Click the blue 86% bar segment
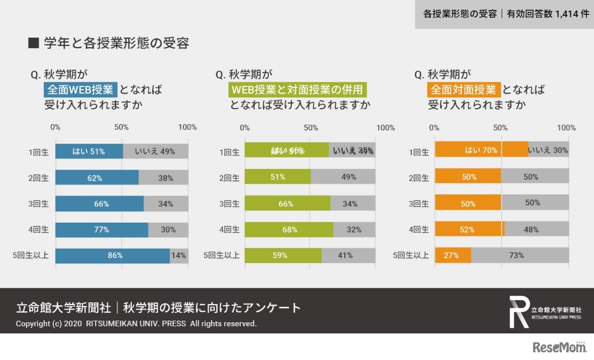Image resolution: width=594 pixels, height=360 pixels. coord(112,255)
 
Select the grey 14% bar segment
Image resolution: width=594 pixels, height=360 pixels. coord(179,255)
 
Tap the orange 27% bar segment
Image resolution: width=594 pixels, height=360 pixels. coord(453,255)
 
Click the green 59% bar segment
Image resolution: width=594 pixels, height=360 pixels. coord(283,255)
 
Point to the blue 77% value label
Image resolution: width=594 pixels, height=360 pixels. coord(101,229)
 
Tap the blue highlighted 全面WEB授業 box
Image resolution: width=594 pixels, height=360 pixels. coord(80,89)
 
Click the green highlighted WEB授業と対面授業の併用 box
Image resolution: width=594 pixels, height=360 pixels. coord(298,89)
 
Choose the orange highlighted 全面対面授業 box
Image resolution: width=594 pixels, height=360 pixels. coord(464,89)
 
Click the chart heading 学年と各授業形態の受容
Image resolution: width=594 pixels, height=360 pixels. coord(115,43)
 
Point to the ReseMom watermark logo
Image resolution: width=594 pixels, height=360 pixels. coord(559,347)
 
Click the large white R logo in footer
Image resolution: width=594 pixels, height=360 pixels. coord(519,312)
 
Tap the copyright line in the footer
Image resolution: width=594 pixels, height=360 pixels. coord(136,323)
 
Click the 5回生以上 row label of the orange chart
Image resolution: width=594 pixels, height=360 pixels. coord(411,255)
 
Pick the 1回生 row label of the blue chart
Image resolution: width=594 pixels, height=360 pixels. coord(39,152)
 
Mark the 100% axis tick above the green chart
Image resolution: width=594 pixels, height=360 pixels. coord(386,128)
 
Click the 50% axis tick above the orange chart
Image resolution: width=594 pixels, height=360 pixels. coord(500,127)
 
